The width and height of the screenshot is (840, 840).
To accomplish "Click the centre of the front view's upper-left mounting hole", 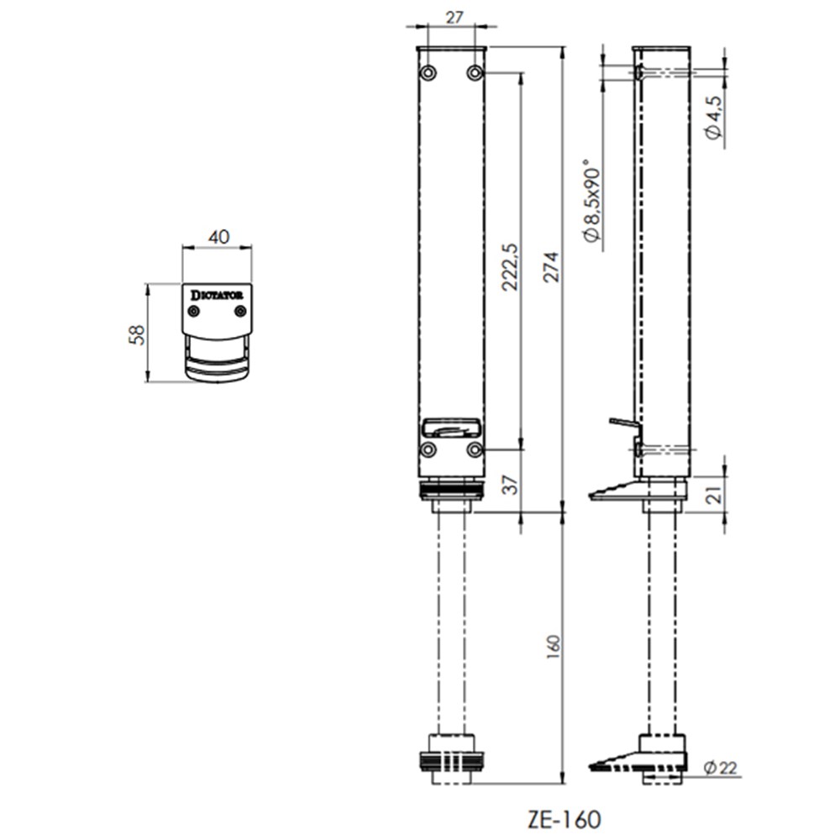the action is pyautogui.click(x=428, y=72).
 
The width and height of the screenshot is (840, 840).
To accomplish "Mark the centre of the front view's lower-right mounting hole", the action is pyautogui.click(x=475, y=450).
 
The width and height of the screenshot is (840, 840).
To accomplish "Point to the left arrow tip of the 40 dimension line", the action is pyautogui.click(x=182, y=248).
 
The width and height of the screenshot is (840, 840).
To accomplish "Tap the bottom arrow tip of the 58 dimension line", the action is pyautogui.click(x=147, y=381).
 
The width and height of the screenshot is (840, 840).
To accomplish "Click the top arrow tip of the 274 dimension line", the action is pyautogui.click(x=563, y=47).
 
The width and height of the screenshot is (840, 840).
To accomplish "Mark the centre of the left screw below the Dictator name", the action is pyautogui.click(x=194, y=312).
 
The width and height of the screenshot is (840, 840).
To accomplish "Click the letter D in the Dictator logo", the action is pyautogui.click(x=196, y=295).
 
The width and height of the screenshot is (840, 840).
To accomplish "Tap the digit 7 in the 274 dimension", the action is pyautogui.click(x=551, y=267).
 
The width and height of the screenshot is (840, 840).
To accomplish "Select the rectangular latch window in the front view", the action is pyautogui.click(x=451, y=428).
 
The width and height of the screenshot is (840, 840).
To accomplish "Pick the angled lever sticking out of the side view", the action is pyautogui.click(x=625, y=423).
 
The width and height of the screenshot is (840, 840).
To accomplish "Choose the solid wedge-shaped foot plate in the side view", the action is pyautogui.click(x=638, y=491).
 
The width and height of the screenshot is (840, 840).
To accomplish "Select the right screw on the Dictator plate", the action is pyautogui.click(x=240, y=312).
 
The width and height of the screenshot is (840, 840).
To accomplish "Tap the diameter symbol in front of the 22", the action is pyautogui.click(x=711, y=768).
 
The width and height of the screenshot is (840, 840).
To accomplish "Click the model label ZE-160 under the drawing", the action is pyautogui.click(x=564, y=819).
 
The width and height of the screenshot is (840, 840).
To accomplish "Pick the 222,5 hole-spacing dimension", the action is pyautogui.click(x=510, y=267).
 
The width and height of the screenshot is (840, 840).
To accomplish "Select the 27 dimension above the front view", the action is pyautogui.click(x=454, y=18).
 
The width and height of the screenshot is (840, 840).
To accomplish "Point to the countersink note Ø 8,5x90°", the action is pyautogui.click(x=592, y=201).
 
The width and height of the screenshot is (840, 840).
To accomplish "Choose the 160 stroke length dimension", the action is pyautogui.click(x=554, y=647).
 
